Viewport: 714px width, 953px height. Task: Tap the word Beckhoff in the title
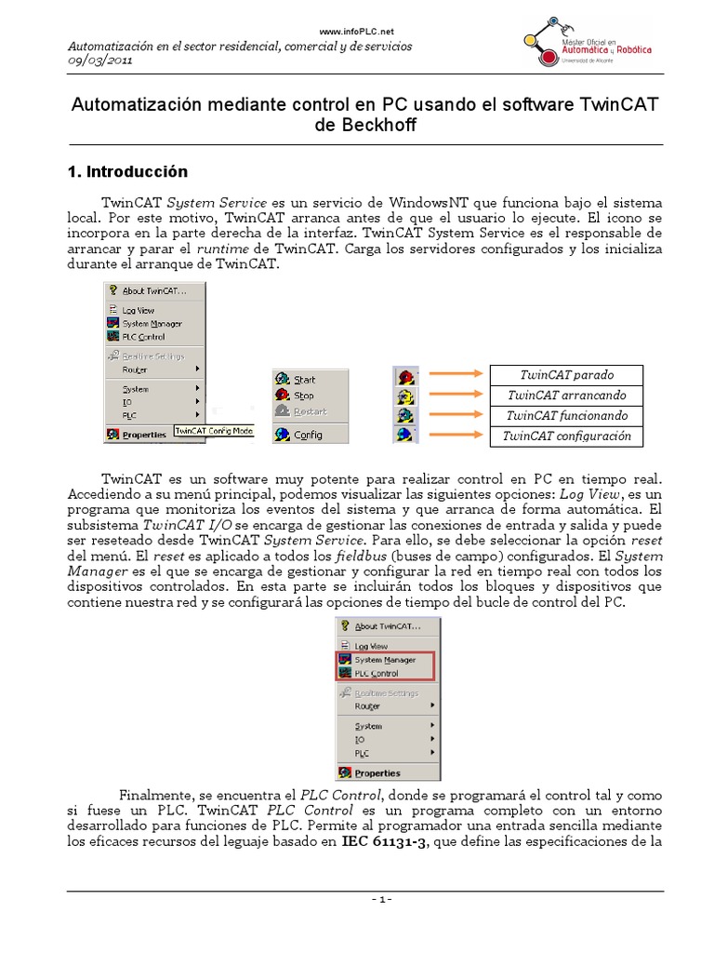(364, 126)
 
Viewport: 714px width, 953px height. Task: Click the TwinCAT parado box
(566, 375)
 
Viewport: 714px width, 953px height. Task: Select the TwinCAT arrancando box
(566, 396)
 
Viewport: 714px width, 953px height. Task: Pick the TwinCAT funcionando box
(566, 416)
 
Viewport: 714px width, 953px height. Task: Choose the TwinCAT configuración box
(566, 436)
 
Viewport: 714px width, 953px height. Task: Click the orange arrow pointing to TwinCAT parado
(455, 375)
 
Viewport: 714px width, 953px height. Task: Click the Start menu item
(304, 380)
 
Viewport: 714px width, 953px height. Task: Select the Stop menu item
(303, 396)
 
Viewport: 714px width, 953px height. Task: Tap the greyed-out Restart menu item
(310, 411)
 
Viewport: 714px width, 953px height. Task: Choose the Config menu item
(308, 435)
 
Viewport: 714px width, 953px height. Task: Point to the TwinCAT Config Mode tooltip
(215, 431)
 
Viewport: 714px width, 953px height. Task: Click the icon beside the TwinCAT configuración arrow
(405, 436)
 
